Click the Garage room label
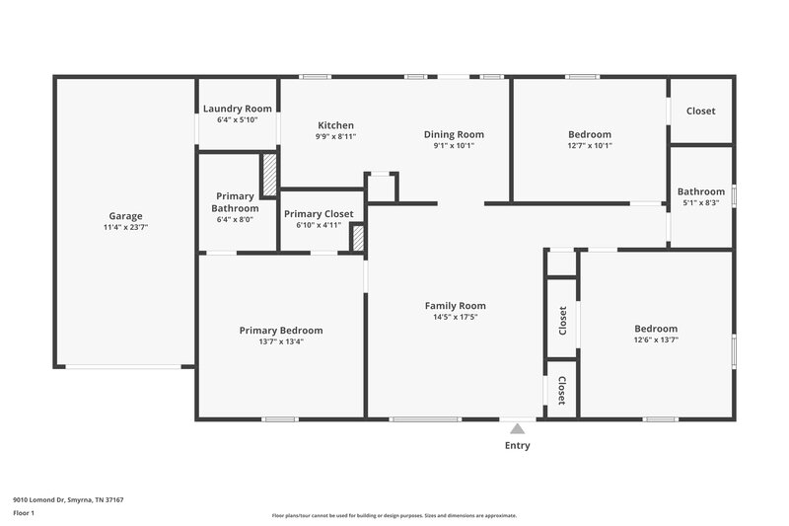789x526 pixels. pos(125,216)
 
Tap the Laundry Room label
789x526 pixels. pos(237,109)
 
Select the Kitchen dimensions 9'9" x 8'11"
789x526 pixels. pos(335,136)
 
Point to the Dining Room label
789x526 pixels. pos(454,134)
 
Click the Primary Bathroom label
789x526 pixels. pos(235,202)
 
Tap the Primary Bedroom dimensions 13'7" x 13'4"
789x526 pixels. pos(280,341)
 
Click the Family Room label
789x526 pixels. pos(455,306)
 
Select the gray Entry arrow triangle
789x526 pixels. pos(517,428)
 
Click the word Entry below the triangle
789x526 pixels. pos(517,445)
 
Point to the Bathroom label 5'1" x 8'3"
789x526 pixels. pos(700,191)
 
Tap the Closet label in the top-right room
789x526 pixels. pos(700,111)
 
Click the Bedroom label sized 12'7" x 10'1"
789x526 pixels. pos(589,134)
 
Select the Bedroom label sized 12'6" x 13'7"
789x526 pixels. pos(655,329)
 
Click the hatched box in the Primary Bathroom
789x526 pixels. pos(268,176)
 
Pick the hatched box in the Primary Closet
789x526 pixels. pos(358,238)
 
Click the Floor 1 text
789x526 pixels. pos(24,513)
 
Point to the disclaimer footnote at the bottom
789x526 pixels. pos(394,515)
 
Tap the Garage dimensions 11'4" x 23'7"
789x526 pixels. pos(125,227)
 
